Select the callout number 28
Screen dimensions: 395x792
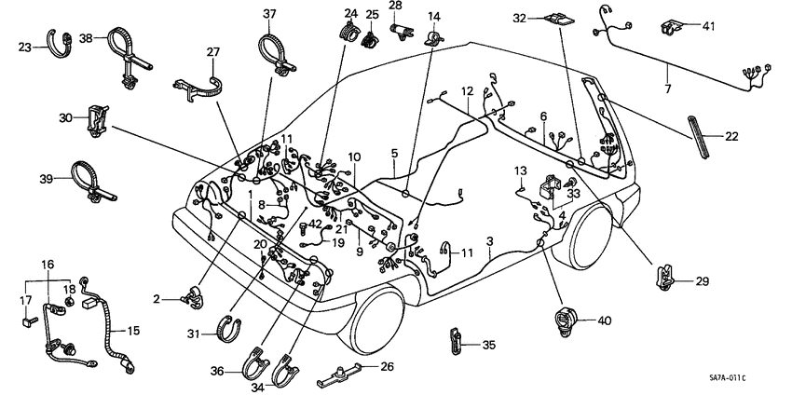395,6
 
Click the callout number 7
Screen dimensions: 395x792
667,89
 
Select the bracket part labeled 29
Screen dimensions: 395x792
666,275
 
